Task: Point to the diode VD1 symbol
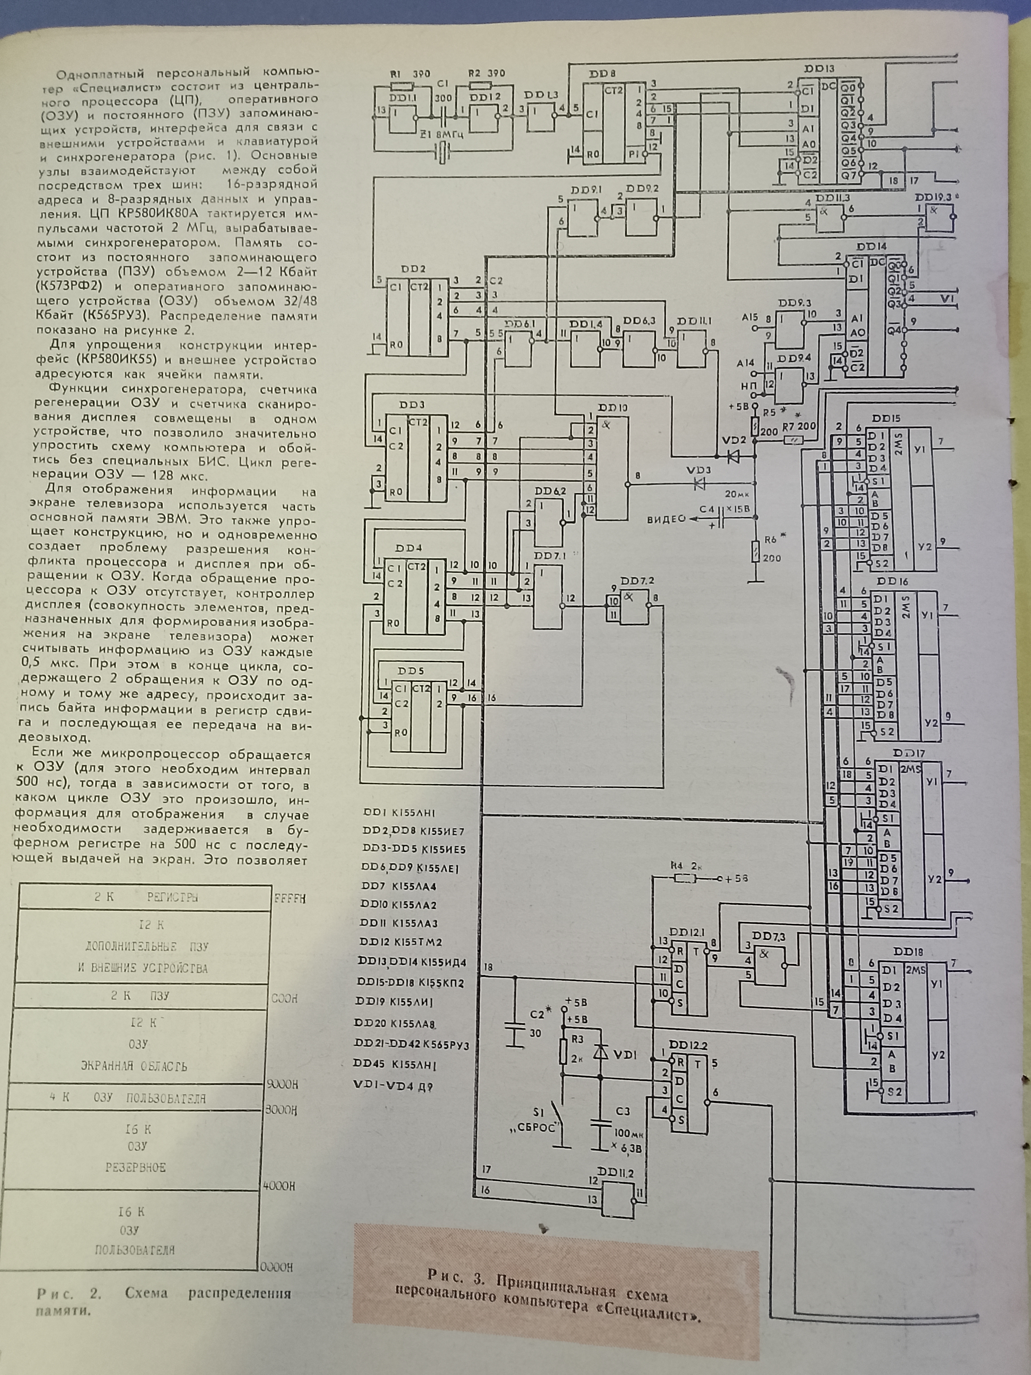(600, 1053)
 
